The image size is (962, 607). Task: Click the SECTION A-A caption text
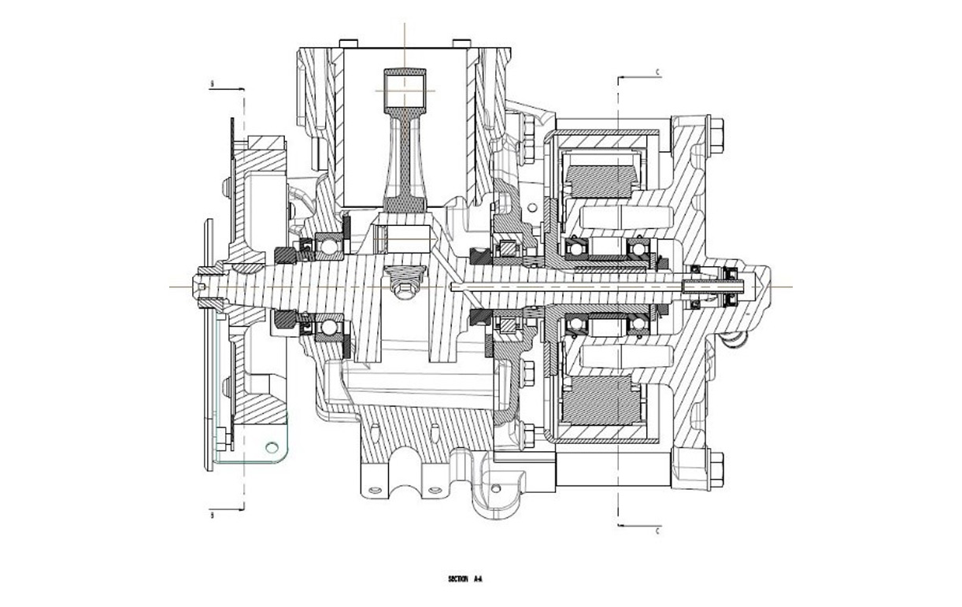[464, 579]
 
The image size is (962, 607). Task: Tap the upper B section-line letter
[212, 83]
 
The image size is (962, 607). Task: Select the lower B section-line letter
[212, 516]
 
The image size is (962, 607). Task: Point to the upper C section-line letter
[657, 72]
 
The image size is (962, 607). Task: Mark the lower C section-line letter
[657, 531]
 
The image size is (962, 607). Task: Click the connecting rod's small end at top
[405, 83]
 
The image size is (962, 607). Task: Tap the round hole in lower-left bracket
[272, 447]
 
